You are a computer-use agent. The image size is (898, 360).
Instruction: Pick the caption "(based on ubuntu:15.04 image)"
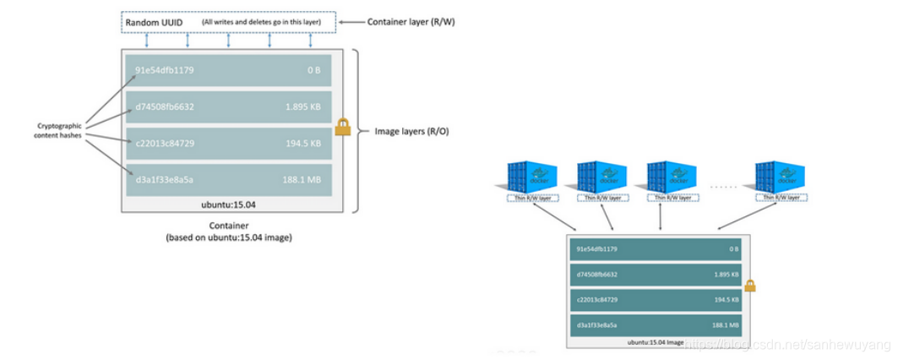pos(227,238)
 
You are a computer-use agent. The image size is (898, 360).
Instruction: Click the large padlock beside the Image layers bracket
pos(342,127)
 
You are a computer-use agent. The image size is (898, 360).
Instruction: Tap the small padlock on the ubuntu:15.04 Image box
pos(749,286)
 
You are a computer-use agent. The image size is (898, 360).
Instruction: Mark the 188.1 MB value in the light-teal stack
pos(302,179)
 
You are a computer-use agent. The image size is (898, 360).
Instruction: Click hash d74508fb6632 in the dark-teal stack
pos(598,275)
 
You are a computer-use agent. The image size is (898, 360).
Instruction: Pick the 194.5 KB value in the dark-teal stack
pos(724,300)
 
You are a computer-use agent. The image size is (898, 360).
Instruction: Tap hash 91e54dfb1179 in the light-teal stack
pos(164,70)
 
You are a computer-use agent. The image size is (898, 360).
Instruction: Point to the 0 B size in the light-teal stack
pos(313,70)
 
